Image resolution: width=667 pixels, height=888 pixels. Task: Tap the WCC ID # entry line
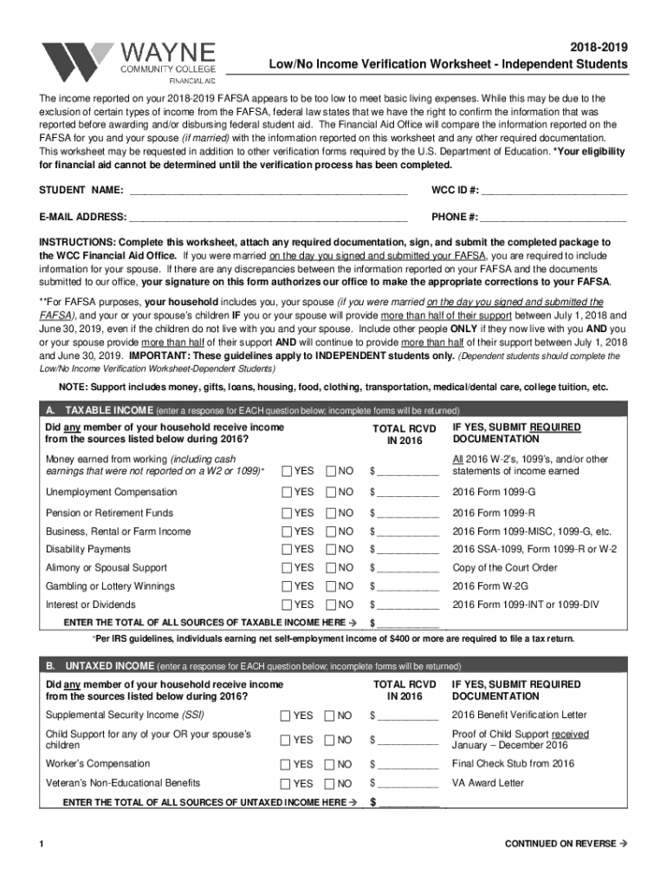pyautogui.click(x=554, y=191)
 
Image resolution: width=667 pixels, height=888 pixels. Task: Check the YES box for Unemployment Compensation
pyautogui.click(x=287, y=492)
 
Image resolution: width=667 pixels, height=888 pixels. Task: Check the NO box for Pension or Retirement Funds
pyautogui.click(x=331, y=513)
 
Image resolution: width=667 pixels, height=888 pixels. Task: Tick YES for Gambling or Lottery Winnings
pyautogui.click(x=287, y=586)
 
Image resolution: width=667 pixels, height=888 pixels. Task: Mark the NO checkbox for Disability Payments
pyautogui.click(x=331, y=549)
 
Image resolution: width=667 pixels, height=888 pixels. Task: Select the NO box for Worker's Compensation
pyautogui.click(x=329, y=764)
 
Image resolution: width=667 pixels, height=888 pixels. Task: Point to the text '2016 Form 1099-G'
pyautogui.click(x=493, y=492)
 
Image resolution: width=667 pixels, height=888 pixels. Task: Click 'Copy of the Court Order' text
pyautogui.click(x=506, y=567)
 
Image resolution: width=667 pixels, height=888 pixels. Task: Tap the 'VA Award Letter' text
pyautogui.click(x=488, y=782)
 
